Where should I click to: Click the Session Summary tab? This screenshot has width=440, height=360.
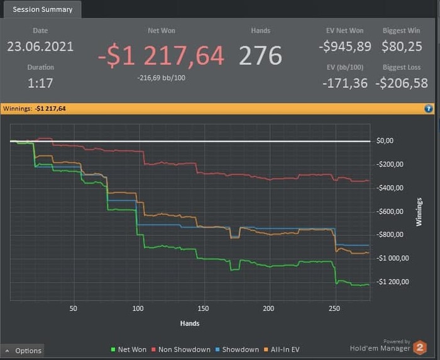point(42,9)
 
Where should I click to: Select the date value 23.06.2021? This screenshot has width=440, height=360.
point(40,46)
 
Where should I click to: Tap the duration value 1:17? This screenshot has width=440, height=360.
point(40,83)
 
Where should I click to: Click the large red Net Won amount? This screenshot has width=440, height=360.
point(161,56)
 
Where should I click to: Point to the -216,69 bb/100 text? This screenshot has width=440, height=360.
point(160,78)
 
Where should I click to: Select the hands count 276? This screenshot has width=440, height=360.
point(260,56)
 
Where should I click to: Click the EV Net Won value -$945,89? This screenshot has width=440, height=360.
point(344,46)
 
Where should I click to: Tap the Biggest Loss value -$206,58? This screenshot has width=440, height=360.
point(402,83)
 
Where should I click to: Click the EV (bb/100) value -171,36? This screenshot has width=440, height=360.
point(345,83)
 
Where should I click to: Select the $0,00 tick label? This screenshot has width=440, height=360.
point(385,141)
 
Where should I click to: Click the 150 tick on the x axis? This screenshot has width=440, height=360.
point(203,308)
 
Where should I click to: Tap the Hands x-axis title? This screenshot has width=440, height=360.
point(190,324)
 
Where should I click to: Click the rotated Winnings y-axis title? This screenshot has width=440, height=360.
point(419,212)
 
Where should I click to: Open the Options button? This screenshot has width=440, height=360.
point(23,351)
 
